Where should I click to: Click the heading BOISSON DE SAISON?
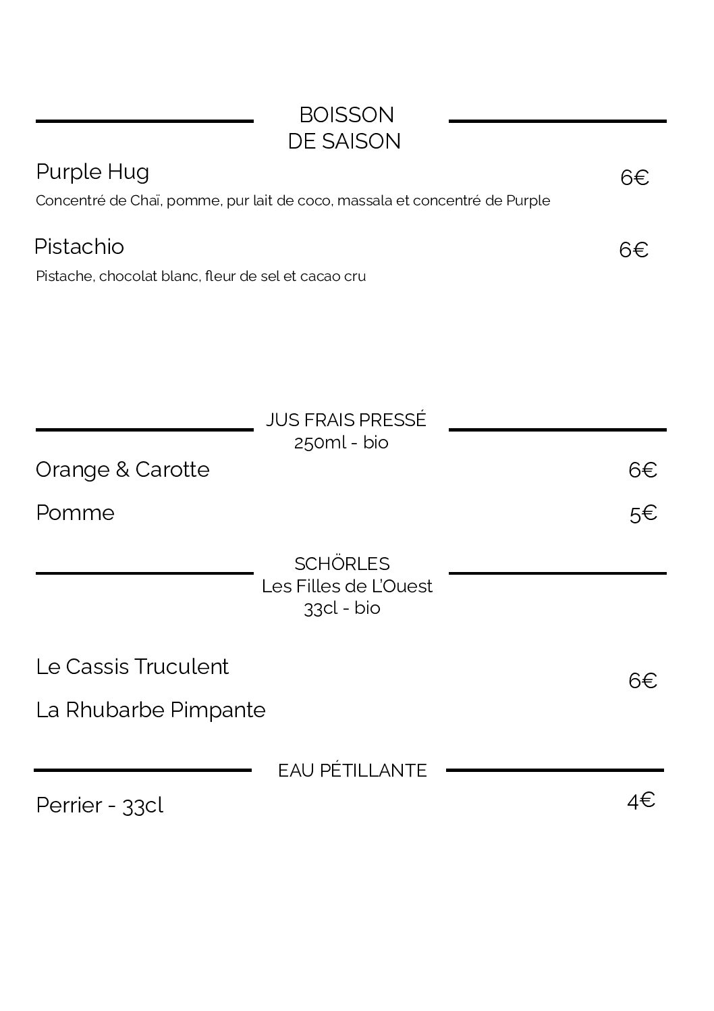345,128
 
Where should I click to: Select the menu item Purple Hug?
92,172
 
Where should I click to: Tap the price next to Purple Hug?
634,178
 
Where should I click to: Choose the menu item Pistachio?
79,247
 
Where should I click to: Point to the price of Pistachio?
634,250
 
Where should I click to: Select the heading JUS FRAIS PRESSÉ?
346,420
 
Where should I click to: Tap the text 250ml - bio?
341,443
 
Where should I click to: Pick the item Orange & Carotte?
122,469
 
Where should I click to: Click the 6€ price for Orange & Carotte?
642,470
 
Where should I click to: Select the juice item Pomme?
75,513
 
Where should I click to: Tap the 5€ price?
643,514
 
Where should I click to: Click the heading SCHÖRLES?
342,564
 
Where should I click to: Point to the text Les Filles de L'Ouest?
347,586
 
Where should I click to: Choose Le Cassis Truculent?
132,667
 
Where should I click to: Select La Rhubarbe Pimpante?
150,710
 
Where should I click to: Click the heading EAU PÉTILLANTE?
352,771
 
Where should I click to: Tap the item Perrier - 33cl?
99,806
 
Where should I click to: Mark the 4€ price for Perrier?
640,801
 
